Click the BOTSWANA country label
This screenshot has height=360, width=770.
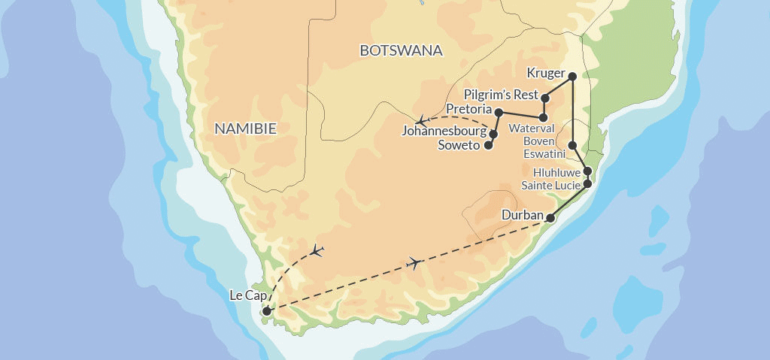click(x=401, y=51)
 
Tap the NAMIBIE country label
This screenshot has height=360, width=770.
click(x=245, y=129)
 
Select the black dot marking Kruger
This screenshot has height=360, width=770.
click(x=572, y=76)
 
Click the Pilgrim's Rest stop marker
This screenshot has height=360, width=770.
click(x=546, y=98)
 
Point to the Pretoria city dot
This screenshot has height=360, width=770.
click(x=499, y=111)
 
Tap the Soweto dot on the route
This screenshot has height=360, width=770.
click(x=488, y=145)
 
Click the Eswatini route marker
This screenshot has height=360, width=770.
click(x=572, y=145)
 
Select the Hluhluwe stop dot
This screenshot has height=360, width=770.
click(x=587, y=171)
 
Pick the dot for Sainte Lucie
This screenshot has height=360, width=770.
click(x=587, y=183)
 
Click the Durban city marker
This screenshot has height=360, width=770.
click(x=550, y=218)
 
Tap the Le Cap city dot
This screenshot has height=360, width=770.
click(x=265, y=310)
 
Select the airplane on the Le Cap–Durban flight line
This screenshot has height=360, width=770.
click(x=413, y=262)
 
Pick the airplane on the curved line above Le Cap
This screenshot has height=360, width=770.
click(x=317, y=250)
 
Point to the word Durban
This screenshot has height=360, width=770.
click(x=522, y=216)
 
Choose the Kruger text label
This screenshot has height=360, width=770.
click(x=545, y=74)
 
